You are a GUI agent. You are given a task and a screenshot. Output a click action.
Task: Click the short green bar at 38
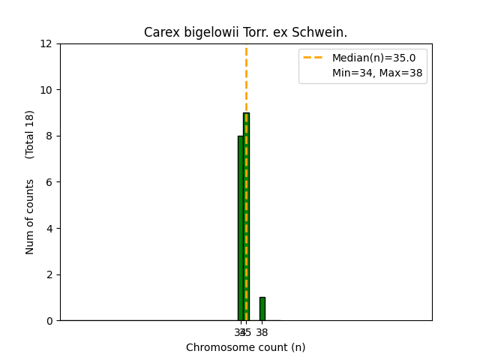click(262, 309)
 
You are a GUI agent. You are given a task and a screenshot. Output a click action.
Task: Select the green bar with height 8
click(240, 229)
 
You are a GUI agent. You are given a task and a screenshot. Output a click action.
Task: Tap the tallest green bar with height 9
click(246, 217)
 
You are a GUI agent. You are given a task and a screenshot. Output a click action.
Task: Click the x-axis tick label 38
click(262, 332)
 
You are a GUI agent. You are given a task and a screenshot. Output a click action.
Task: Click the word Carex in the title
click(159, 33)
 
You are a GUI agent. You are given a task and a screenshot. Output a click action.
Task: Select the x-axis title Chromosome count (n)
click(246, 347)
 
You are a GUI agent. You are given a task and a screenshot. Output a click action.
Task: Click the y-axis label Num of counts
click(31, 217)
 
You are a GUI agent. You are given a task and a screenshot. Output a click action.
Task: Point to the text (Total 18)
click(31, 134)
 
